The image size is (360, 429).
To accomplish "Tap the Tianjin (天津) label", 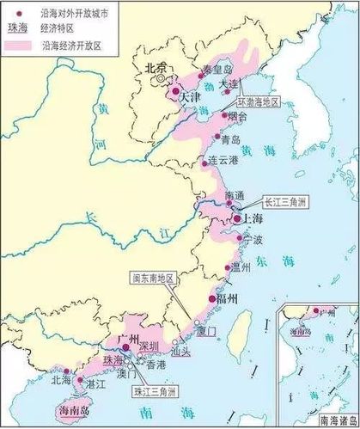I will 189,99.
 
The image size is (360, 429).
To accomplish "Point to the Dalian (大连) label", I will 229,83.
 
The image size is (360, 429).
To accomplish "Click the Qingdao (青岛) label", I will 230,139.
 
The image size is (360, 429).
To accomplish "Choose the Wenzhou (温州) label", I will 242,268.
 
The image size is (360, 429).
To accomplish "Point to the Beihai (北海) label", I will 61,379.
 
